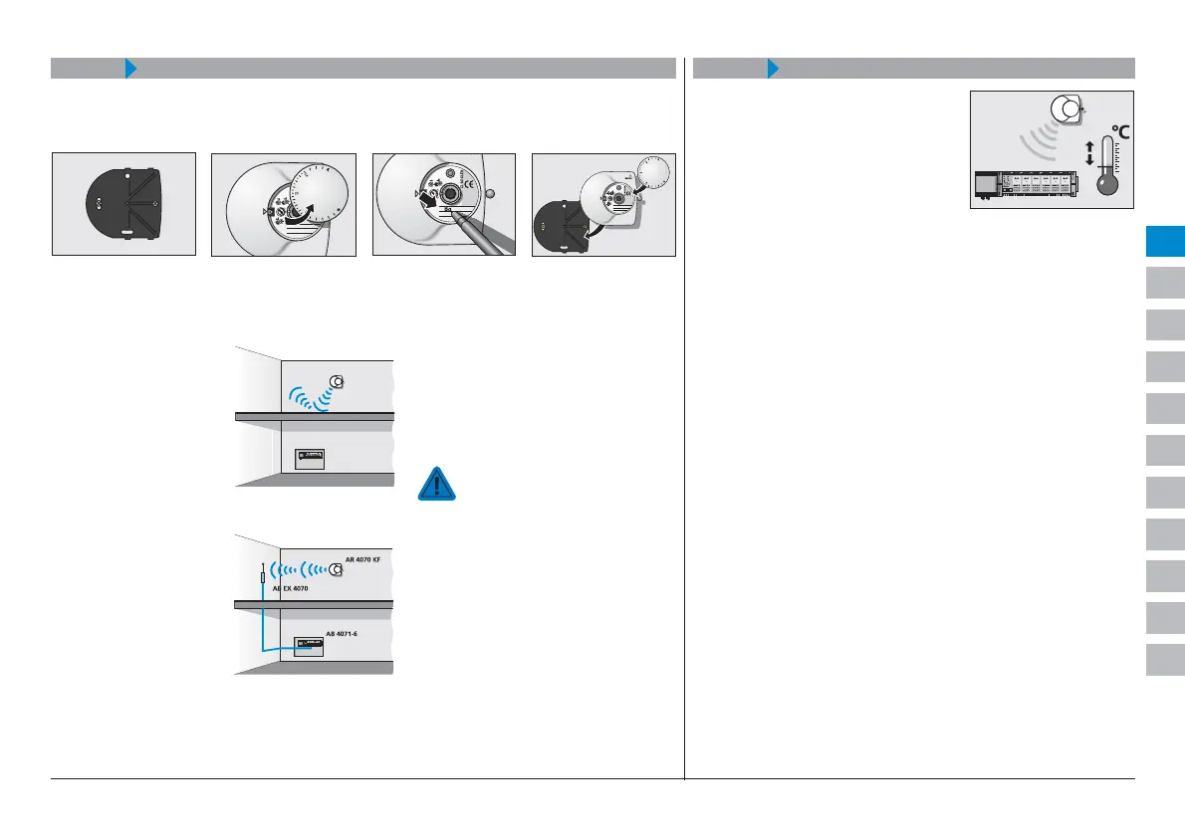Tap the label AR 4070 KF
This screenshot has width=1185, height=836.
pos(355,560)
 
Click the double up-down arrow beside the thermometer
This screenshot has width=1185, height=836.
pos(1088,152)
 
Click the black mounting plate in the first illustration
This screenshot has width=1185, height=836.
pos(122,205)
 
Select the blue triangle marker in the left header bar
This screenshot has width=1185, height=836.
pos(130,68)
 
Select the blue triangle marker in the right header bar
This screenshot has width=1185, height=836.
pos(772,68)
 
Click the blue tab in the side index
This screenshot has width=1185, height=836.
pos(1164,242)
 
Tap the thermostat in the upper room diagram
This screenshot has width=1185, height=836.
pos(338,381)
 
